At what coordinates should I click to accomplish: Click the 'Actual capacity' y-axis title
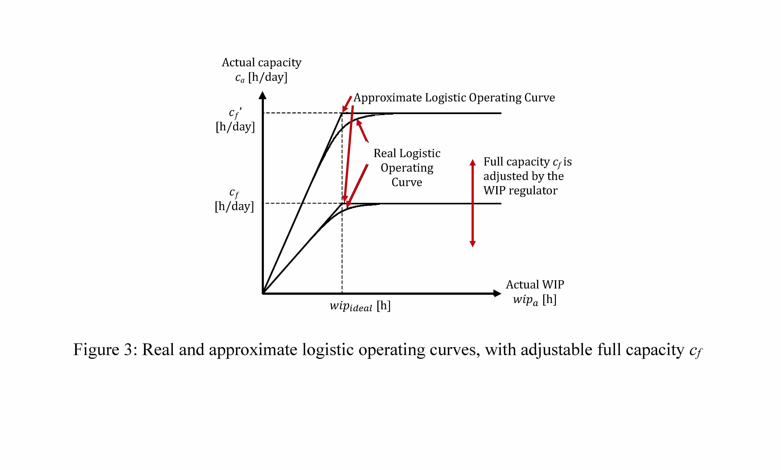261,62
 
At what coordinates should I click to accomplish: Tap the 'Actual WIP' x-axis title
535,284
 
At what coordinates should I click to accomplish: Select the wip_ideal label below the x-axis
360,306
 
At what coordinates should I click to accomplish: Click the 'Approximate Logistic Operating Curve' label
454,98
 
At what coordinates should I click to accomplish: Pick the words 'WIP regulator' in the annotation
520,191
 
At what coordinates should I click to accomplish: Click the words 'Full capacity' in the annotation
516,162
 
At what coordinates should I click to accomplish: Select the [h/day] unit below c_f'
235,127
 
